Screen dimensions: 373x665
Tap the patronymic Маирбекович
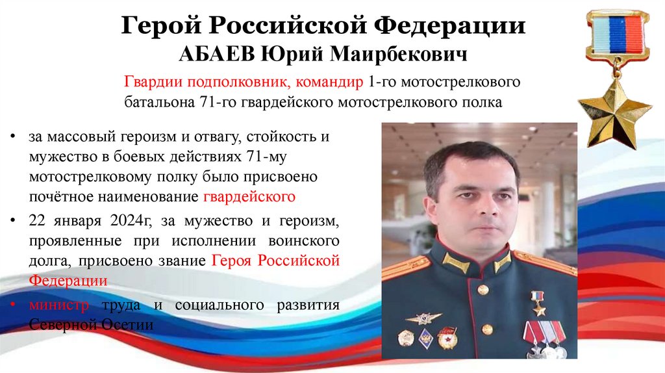click(x=399, y=53)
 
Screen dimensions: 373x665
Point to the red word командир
click(x=329, y=83)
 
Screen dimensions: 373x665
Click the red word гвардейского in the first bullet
click(x=249, y=196)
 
